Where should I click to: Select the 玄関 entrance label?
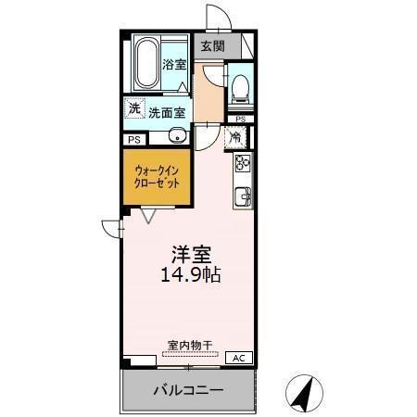click(x=212, y=44)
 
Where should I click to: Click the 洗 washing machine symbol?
click(x=135, y=109)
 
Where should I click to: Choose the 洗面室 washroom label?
click(x=167, y=112)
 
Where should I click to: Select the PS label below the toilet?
click(x=240, y=120)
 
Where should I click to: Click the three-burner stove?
click(x=243, y=163)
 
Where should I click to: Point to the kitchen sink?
click(x=243, y=196)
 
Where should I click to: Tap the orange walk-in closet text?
click(x=158, y=177)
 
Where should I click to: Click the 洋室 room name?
click(x=189, y=252)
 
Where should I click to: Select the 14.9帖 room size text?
click(x=190, y=275)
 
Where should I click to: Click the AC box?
click(x=236, y=358)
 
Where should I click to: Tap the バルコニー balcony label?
click(x=187, y=391)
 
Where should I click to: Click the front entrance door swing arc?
click(x=217, y=17)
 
